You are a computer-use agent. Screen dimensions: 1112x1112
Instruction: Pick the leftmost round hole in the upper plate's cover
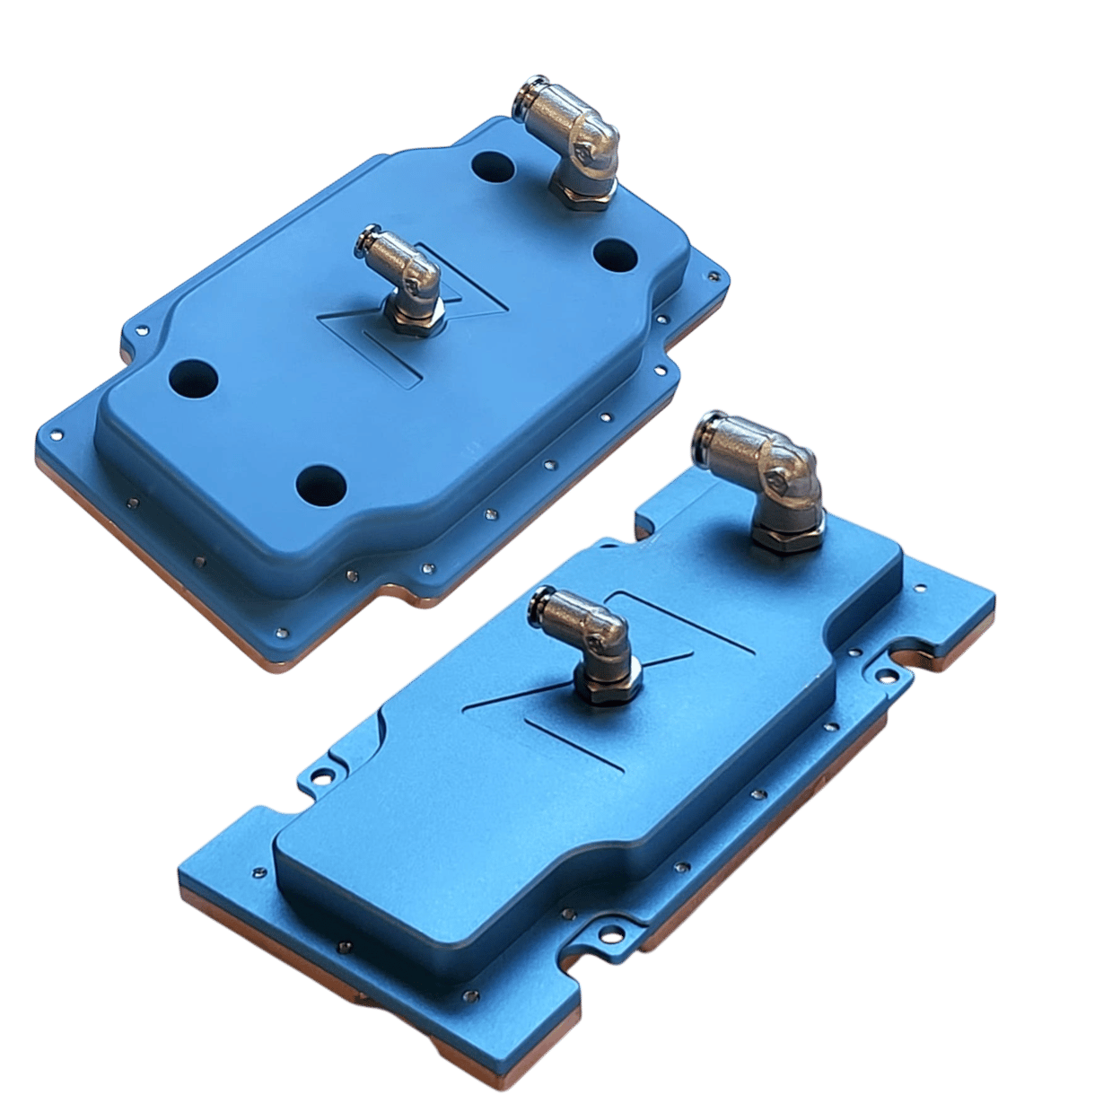click(193, 378)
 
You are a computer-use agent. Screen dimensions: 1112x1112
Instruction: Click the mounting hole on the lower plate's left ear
click(316, 773)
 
